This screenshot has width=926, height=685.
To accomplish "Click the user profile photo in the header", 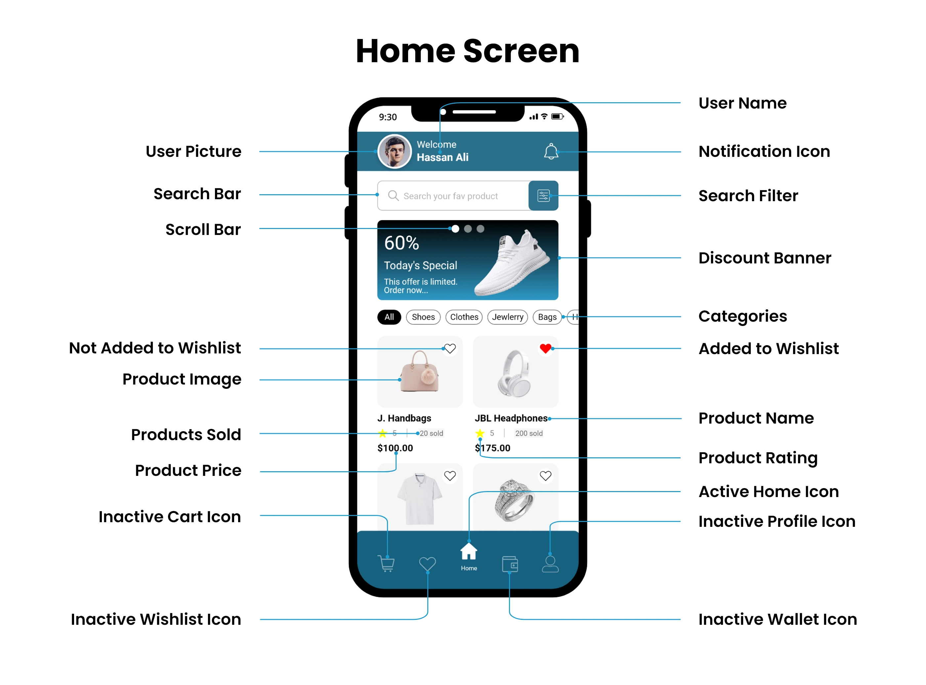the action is point(395,151).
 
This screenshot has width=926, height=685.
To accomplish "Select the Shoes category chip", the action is point(423,317).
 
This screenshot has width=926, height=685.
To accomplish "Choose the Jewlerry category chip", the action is point(508,317).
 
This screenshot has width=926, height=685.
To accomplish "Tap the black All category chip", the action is point(389,317).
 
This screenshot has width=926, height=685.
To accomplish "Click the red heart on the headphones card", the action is point(546,348).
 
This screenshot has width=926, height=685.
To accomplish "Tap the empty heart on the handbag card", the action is point(450,348).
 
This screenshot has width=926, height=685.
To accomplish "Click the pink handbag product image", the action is point(419,372).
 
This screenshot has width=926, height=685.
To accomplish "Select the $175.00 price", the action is point(493,448).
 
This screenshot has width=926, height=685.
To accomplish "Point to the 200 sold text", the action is point(529,433).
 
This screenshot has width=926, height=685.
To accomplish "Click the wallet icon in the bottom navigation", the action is point(510,564).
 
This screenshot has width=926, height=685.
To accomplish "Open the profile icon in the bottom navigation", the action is point(550,564).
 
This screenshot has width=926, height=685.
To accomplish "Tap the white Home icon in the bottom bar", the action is point(469,552).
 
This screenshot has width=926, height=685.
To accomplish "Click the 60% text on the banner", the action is point(401,243).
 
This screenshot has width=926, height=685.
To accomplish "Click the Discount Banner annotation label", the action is point(765,258).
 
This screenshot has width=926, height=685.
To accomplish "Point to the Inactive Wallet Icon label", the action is point(778,619).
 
